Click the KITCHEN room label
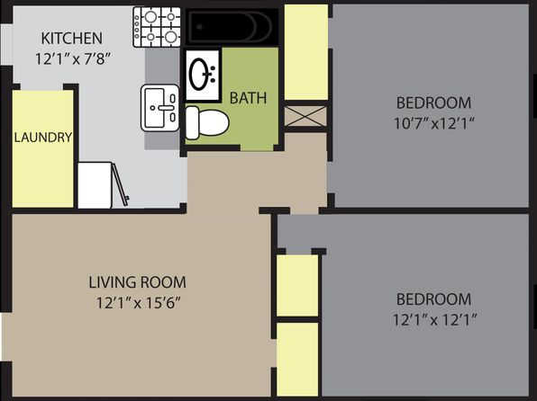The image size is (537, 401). point(71,39)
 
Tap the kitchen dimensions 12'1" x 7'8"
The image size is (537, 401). point(72,58)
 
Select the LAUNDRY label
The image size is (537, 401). point(43,137)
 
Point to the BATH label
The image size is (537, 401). point(248,98)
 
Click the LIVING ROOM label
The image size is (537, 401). point(137,282)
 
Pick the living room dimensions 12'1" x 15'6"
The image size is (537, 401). point(138,303)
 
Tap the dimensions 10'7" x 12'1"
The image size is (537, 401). point(434,123)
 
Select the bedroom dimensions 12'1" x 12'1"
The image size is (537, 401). point(434,320)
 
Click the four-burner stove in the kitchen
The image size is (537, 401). point(157,27)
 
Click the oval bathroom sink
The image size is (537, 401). point(203,75)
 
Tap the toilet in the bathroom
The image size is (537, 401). point(207,122)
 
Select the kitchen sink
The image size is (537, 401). point(160,108)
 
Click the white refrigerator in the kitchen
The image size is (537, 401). point(95,185)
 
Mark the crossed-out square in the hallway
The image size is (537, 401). point(305,116)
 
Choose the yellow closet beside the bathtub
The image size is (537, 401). point(306,52)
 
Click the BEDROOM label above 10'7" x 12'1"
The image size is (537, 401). point(434,102)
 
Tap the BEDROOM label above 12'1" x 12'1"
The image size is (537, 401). point(434,299)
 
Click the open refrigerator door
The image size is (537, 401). point(121,184)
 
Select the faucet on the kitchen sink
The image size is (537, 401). point(166,108)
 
